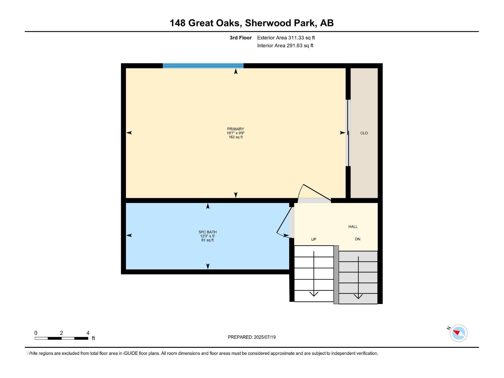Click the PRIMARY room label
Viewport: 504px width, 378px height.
pyautogui.click(x=236, y=129)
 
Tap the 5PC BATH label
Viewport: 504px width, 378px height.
pyautogui.click(x=208, y=232)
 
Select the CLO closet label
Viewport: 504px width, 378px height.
pyautogui.click(x=364, y=133)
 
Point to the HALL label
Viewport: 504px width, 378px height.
pyautogui.click(x=353, y=226)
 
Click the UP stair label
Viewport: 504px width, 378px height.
pyautogui.click(x=313, y=239)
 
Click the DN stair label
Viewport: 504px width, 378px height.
pyautogui.click(x=358, y=239)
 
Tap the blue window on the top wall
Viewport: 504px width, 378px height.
pyautogui.click(x=203, y=66)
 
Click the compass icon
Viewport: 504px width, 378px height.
pyautogui.click(x=459, y=333)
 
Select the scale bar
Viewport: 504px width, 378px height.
pyautogui.click(x=61, y=338)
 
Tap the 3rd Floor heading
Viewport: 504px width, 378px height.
pyautogui.click(x=241, y=38)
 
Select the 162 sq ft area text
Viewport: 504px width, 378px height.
pyautogui.click(x=236, y=137)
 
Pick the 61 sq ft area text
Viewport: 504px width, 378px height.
pyautogui.click(x=208, y=240)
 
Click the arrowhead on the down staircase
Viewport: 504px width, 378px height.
pyautogui.click(x=358, y=296)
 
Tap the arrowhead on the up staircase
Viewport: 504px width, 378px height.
pyautogui.click(x=314, y=294)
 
